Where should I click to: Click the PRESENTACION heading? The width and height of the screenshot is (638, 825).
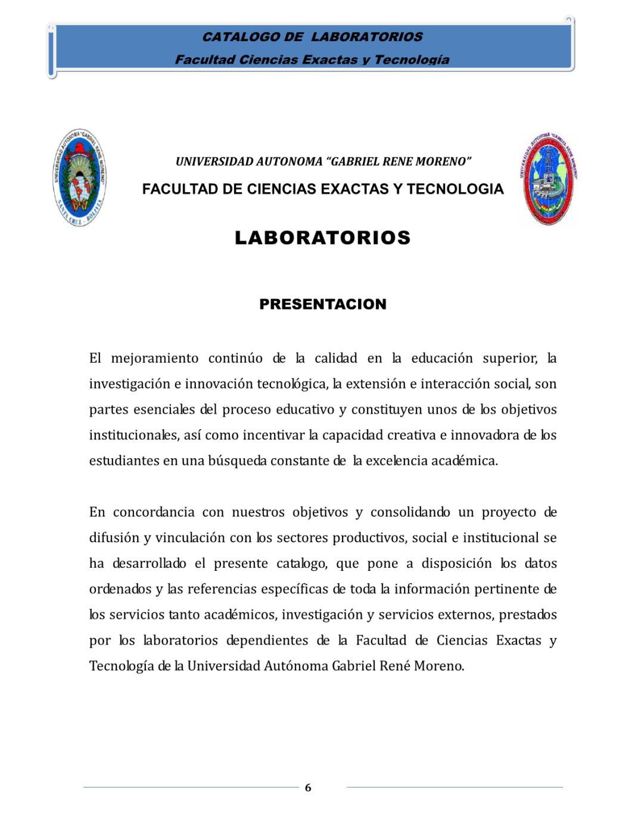coord(322,304)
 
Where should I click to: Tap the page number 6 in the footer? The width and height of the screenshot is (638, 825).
coord(308,787)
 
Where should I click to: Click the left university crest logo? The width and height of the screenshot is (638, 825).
coord(79,177)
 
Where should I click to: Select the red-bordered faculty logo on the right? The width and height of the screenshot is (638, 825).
coord(548,179)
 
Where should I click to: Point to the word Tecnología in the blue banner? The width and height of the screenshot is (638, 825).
coord(412,60)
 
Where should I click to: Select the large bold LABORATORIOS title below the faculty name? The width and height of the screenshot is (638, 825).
coord(322,237)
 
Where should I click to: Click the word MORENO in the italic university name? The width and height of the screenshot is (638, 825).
coord(443,161)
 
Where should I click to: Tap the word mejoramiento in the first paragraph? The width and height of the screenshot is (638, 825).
coord(154,358)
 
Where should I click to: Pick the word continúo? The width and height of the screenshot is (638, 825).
coord(235,358)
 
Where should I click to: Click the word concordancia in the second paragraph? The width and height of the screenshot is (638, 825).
coord(153,512)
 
